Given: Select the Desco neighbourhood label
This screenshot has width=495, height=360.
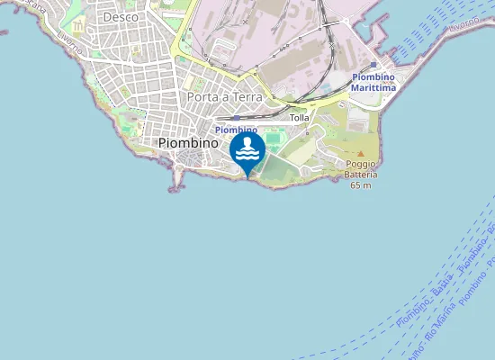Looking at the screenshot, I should (121, 16).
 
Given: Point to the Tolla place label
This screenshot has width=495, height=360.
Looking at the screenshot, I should (300, 118).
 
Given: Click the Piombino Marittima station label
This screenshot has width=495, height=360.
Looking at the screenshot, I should (375, 83).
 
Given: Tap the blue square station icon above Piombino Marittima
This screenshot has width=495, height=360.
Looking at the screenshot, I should (376, 66).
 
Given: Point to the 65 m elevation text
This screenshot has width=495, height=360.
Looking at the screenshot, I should (360, 185).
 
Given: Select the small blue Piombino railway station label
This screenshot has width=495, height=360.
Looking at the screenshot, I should (236, 130).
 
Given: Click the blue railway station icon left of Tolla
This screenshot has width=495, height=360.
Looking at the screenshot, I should (235, 117).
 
